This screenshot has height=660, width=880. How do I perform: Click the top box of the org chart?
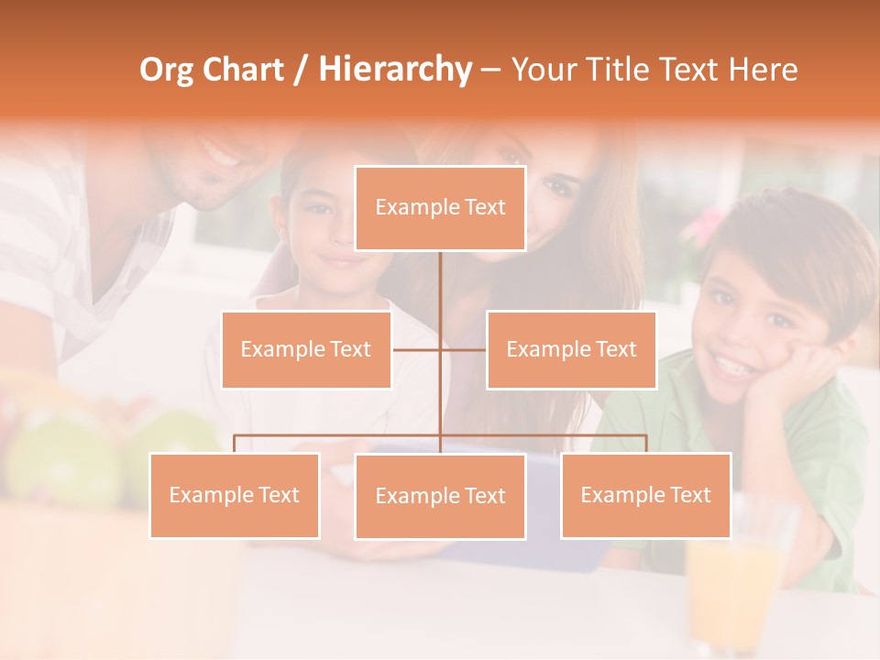(x=440, y=208)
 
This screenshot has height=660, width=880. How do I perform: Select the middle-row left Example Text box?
(x=306, y=349)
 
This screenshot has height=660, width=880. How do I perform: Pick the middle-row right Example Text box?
(x=571, y=349)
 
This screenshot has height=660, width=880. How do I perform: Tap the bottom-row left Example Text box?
(x=235, y=495)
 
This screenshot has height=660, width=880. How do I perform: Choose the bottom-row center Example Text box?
(x=440, y=496)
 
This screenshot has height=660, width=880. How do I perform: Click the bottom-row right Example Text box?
(x=645, y=495)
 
